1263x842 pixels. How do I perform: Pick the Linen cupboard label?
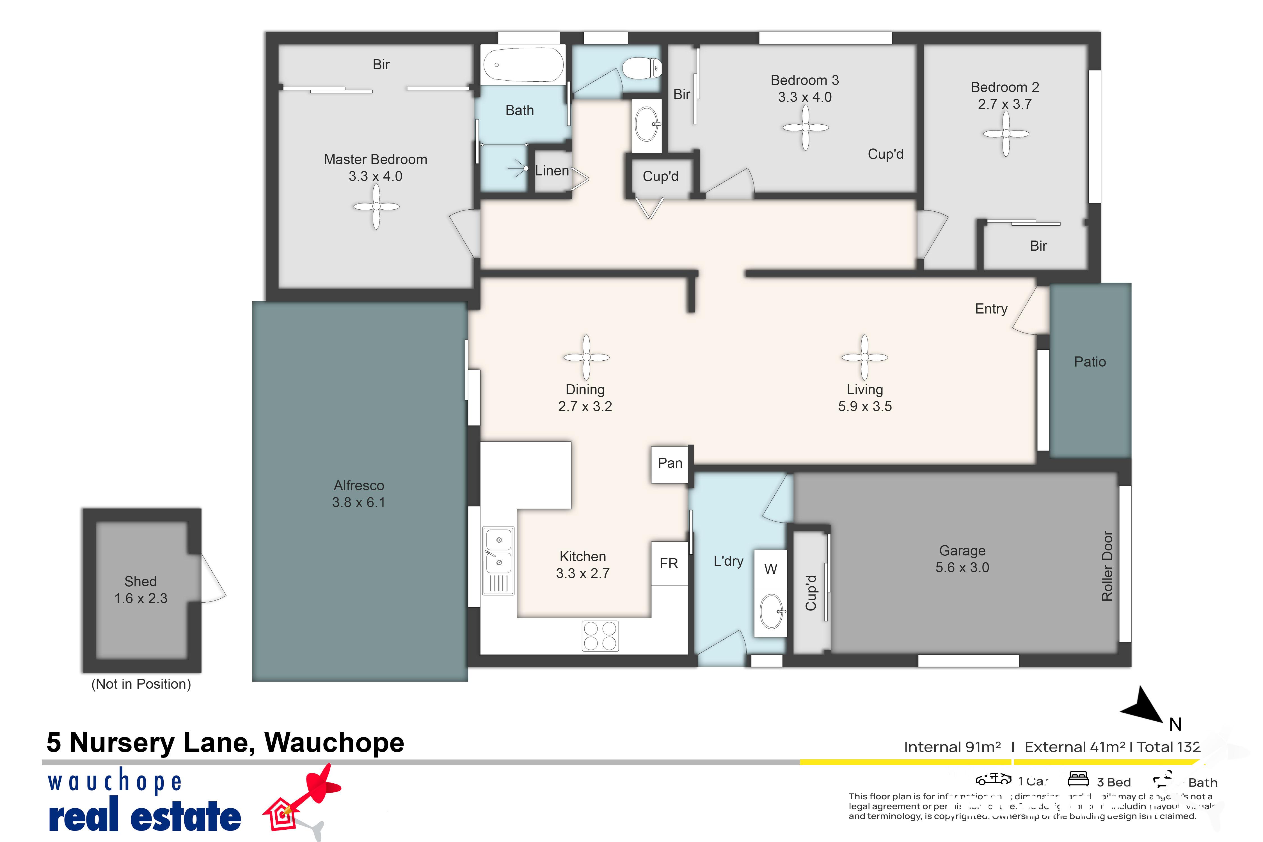click(x=552, y=171)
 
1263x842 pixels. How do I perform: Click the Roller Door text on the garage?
click(x=1107, y=566)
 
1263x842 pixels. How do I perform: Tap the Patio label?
click(x=1090, y=361)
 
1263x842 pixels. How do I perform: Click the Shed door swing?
click(x=213, y=579)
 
